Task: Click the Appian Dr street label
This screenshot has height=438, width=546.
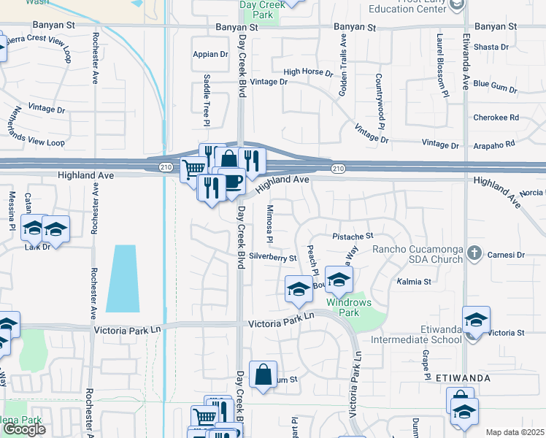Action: (x=210, y=54)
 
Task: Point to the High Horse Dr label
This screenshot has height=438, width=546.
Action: (x=307, y=72)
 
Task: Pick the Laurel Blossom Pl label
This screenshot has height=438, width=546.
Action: (x=442, y=64)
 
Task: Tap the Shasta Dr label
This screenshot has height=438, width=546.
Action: (x=491, y=47)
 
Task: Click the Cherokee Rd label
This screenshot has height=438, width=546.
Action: (x=495, y=117)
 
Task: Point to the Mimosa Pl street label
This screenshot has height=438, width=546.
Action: (x=269, y=223)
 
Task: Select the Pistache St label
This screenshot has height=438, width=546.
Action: (x=353, y=237)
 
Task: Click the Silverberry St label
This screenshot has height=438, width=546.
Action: (x=272, y=258)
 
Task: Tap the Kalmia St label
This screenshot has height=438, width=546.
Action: (x=414, y=281)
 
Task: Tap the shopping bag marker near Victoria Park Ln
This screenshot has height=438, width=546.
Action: (x=263, y=374)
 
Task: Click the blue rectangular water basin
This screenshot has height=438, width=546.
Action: (x=121, y=278)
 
